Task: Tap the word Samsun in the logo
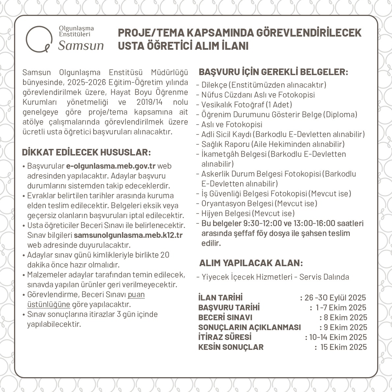coord(81,45)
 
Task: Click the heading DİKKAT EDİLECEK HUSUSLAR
coord(86,153)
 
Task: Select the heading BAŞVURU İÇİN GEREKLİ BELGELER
coord(273,72)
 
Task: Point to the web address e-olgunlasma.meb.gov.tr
coord(111,166)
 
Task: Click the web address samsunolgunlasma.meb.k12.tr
coord(128,235)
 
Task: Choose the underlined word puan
coord(136,294)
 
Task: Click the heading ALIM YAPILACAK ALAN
coord(251,263)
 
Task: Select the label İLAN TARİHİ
coord(220,297)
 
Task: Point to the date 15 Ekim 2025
coord(343,347)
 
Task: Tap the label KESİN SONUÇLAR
coord(231,347)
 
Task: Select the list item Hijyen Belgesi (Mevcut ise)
coord(248,213)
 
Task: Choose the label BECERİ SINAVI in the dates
coord(225,317)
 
